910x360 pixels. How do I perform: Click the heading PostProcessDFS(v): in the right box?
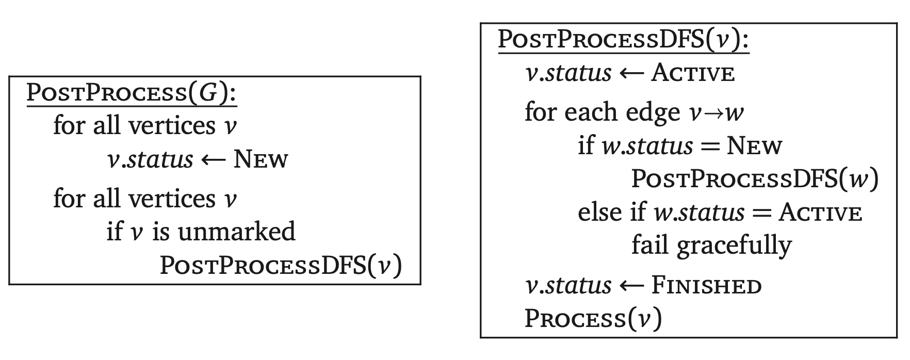623,40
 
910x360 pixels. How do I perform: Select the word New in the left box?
261,159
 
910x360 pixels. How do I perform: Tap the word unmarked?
237,232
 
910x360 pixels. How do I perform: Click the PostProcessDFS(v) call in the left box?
281,266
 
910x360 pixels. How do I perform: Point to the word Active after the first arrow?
693,73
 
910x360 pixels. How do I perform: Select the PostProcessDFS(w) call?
754,179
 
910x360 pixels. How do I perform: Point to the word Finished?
706,285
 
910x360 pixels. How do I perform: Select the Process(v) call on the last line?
593,318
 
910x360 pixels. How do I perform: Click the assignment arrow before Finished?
631,286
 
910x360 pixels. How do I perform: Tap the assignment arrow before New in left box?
213,160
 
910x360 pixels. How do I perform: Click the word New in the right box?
754,146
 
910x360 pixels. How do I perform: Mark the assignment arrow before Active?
631,74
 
